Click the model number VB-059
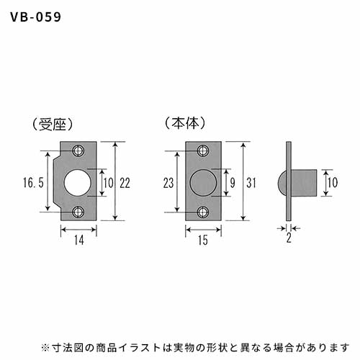coord(36,17)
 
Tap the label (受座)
coord(53,125)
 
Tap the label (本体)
coord(185,123)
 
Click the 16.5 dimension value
coord(33,182)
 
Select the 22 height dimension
coord(125,183)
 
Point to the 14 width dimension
coord(79,240)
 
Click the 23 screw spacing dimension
coord(168,183)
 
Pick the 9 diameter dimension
coord(233,183)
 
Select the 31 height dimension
coord(251,183)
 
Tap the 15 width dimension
coord(203,240)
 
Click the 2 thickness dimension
coord(289,238)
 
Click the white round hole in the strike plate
coord(78,182)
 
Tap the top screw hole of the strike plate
coord(78,150)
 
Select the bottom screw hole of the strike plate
coord(78,212)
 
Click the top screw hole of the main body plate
coord(203,150)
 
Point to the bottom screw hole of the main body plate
coord(203,212)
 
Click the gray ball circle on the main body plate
coord(203,183)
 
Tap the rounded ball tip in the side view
coord(282,183)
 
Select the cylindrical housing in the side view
coord(304,183)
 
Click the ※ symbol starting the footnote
coord(45,348)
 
